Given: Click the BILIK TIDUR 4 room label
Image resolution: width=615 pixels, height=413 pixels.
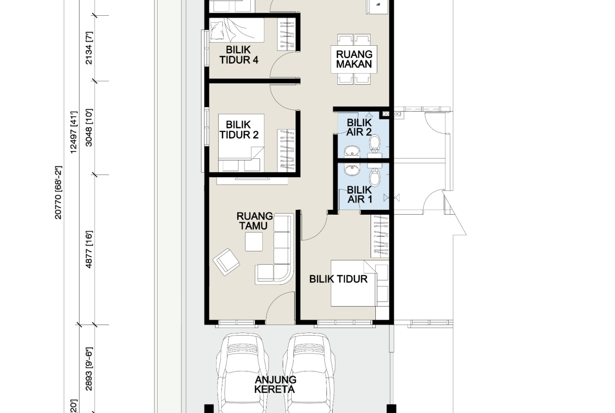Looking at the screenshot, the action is point(239,55).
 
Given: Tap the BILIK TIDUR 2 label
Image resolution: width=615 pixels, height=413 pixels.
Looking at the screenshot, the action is point(239,129).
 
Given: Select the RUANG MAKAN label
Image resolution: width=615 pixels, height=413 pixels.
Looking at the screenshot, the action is point(354,59).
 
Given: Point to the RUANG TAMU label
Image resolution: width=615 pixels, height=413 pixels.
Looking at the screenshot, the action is point(254,221).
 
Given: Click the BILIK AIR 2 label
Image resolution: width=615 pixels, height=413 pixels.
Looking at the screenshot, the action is point(359,127).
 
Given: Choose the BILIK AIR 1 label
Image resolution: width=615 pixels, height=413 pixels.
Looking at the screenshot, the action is point(359,195).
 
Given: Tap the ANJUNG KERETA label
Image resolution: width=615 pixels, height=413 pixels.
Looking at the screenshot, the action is point(275,385).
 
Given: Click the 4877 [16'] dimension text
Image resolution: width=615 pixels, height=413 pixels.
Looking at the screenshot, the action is point(89,249).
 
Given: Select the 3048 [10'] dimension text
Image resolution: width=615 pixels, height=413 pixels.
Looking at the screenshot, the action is point(89,128).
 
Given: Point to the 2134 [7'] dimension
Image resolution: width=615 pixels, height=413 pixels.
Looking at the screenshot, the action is point(89,48).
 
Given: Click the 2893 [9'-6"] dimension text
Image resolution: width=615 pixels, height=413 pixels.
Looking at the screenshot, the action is point(89,369).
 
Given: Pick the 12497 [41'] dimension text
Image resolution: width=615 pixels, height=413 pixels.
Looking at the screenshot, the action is point(74,132).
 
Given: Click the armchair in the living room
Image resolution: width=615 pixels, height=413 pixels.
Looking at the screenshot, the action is point(227,262).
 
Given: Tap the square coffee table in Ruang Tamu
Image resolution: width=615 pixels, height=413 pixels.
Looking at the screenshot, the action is point(254,242).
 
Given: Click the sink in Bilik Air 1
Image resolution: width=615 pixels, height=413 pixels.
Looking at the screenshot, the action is point(352,169).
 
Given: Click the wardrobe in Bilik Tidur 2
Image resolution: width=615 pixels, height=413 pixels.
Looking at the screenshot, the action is point(286,150).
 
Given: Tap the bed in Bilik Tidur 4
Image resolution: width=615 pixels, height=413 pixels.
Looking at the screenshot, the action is point(237,30).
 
